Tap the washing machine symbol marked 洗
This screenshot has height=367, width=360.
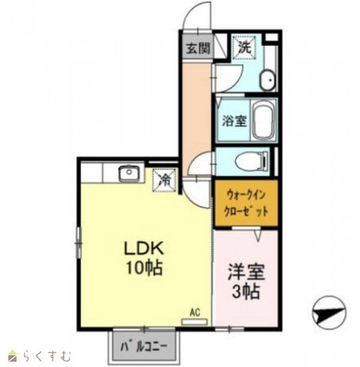point(244,48)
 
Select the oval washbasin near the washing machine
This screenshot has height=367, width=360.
point(267,80)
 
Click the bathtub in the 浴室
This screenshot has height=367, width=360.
point(263,120)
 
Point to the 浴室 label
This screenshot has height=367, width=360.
point(234,121)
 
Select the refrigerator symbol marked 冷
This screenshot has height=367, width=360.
point(164,180)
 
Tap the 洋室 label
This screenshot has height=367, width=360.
point(246,273)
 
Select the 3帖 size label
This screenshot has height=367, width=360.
point(246,292)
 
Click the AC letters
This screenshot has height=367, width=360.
point(195,313)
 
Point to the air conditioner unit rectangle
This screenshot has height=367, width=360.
point(195,321)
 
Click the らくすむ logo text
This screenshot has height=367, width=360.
point(47,356)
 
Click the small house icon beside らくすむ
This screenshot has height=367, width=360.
point(15,356)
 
